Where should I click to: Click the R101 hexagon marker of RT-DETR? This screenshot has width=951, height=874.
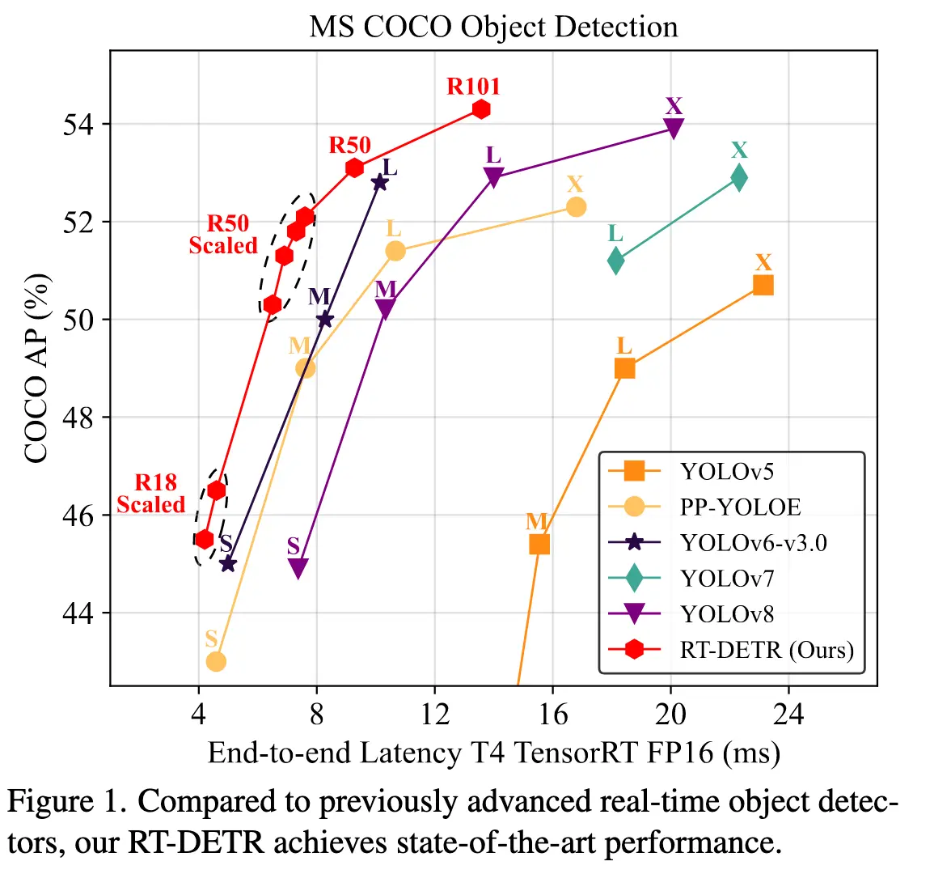pyautogui.click(x=482, y=109)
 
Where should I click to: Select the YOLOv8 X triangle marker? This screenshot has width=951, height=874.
pyautogui.click(x=674, y=128)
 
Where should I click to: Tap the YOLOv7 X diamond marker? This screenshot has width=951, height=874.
pyautogui.click(x=738, y=177)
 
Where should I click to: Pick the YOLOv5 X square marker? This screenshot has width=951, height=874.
pyautogui.click(x=763, y=285)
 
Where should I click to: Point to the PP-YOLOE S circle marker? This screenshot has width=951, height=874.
pyautogui.click(x=216, y=661)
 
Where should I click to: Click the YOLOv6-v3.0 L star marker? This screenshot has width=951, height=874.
pyautogui.click(x=379, y=182)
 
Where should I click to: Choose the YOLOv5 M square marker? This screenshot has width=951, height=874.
pyautogui.click(x=539, y=544)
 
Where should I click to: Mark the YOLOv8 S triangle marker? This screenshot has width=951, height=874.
pyautogui.click(x=298, y=569)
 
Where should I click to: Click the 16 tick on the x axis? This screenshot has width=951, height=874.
pyautogui.click(x=552, y=714)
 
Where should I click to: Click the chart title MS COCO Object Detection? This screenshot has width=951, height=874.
pyautogui.click(x=493, y=27)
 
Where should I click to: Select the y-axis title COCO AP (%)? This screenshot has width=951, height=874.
pyautogui.click(x=36, y=368)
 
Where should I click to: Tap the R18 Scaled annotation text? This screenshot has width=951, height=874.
pyautogui.click(x=152, y=494)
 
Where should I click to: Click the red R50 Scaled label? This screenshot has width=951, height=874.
pyautogui.click(x=224, y=235)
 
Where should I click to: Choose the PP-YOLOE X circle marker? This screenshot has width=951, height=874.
pyautogui.click(x=576, y=207)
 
